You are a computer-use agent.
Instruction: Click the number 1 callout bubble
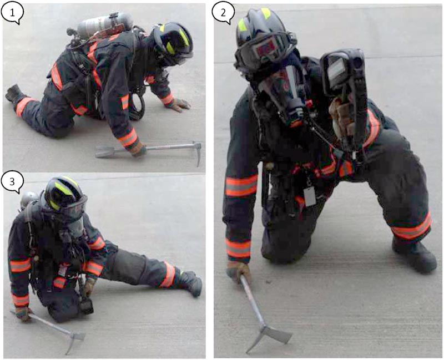pyautogui.click(x=12, y=14)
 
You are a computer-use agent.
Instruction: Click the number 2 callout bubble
pyautogui.click(x=223, y=14)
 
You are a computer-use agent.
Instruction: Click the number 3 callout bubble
pyautogui.click(x=12, y=182)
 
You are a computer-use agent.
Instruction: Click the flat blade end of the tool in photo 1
pyautogui.click(x=104, y=151)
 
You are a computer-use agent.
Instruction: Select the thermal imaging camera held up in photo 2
pyautogui.click(x=344, y=85)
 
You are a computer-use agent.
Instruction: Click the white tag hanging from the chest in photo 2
pyautogui.click(x=310, y=197)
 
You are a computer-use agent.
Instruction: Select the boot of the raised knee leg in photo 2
pyautogui.click(x=415, y=255)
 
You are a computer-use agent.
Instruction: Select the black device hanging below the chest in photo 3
pyautogui.click(x=87, y=306)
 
